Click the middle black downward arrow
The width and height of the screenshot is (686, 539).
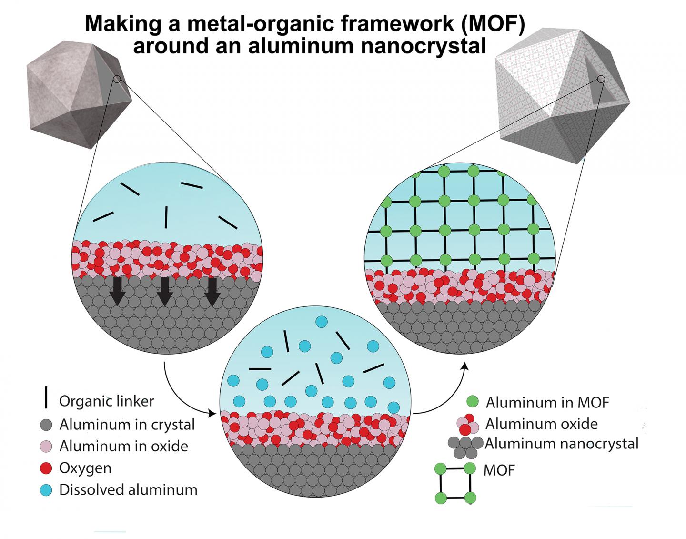(x=164, y=291)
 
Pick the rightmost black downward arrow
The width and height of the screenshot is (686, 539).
(x=212, y=291)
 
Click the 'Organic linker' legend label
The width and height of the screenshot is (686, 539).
(x=106, y=401)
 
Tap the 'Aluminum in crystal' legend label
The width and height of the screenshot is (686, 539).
(x=127, y=424)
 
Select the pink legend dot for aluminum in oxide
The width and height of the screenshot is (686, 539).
(x=46, y=446)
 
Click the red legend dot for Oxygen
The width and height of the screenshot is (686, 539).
(x=46, y=468)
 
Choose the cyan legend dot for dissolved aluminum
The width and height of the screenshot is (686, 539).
(x=46, y=489)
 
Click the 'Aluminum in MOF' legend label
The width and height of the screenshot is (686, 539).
(x=547, y=402)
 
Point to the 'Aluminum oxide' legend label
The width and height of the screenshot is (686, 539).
(x=541, y=423)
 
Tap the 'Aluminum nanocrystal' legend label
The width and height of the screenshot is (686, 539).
(x=562, y=444)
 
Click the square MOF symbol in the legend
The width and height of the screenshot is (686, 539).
(x=455, y=483)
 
